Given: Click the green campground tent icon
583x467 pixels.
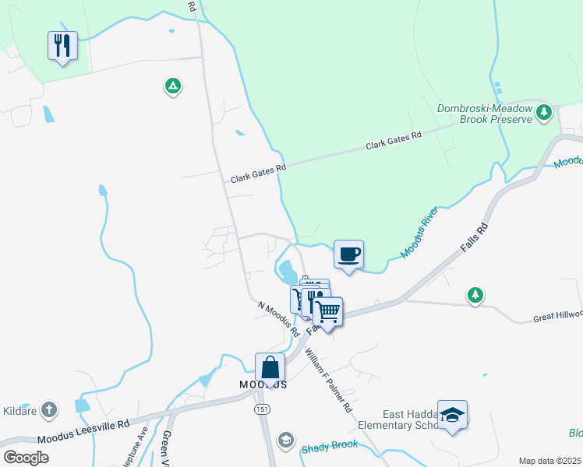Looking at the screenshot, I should [x=173, y=86].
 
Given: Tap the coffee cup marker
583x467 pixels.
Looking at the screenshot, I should [x=348, y=254].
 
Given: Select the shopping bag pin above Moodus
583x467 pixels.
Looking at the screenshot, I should [x=270, y=367].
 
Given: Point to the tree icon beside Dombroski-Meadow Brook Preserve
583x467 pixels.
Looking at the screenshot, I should [x=544, y=114].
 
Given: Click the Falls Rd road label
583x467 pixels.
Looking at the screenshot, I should [x=473, y=236].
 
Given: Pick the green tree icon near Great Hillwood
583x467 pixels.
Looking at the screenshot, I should [x=475, y=295].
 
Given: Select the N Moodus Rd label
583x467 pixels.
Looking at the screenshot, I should [x=279, y=318].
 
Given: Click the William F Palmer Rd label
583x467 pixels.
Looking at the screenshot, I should [x=328, y=381].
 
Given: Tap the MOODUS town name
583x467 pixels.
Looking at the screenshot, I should [x=263, y=384].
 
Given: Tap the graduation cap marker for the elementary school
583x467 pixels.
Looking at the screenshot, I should [x=452, y=415].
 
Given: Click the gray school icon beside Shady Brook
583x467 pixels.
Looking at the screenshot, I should [x=286, y=441].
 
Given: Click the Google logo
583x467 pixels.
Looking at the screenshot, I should [x=26, y=457].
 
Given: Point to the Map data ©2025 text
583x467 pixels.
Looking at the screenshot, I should [x=549, y=461].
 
